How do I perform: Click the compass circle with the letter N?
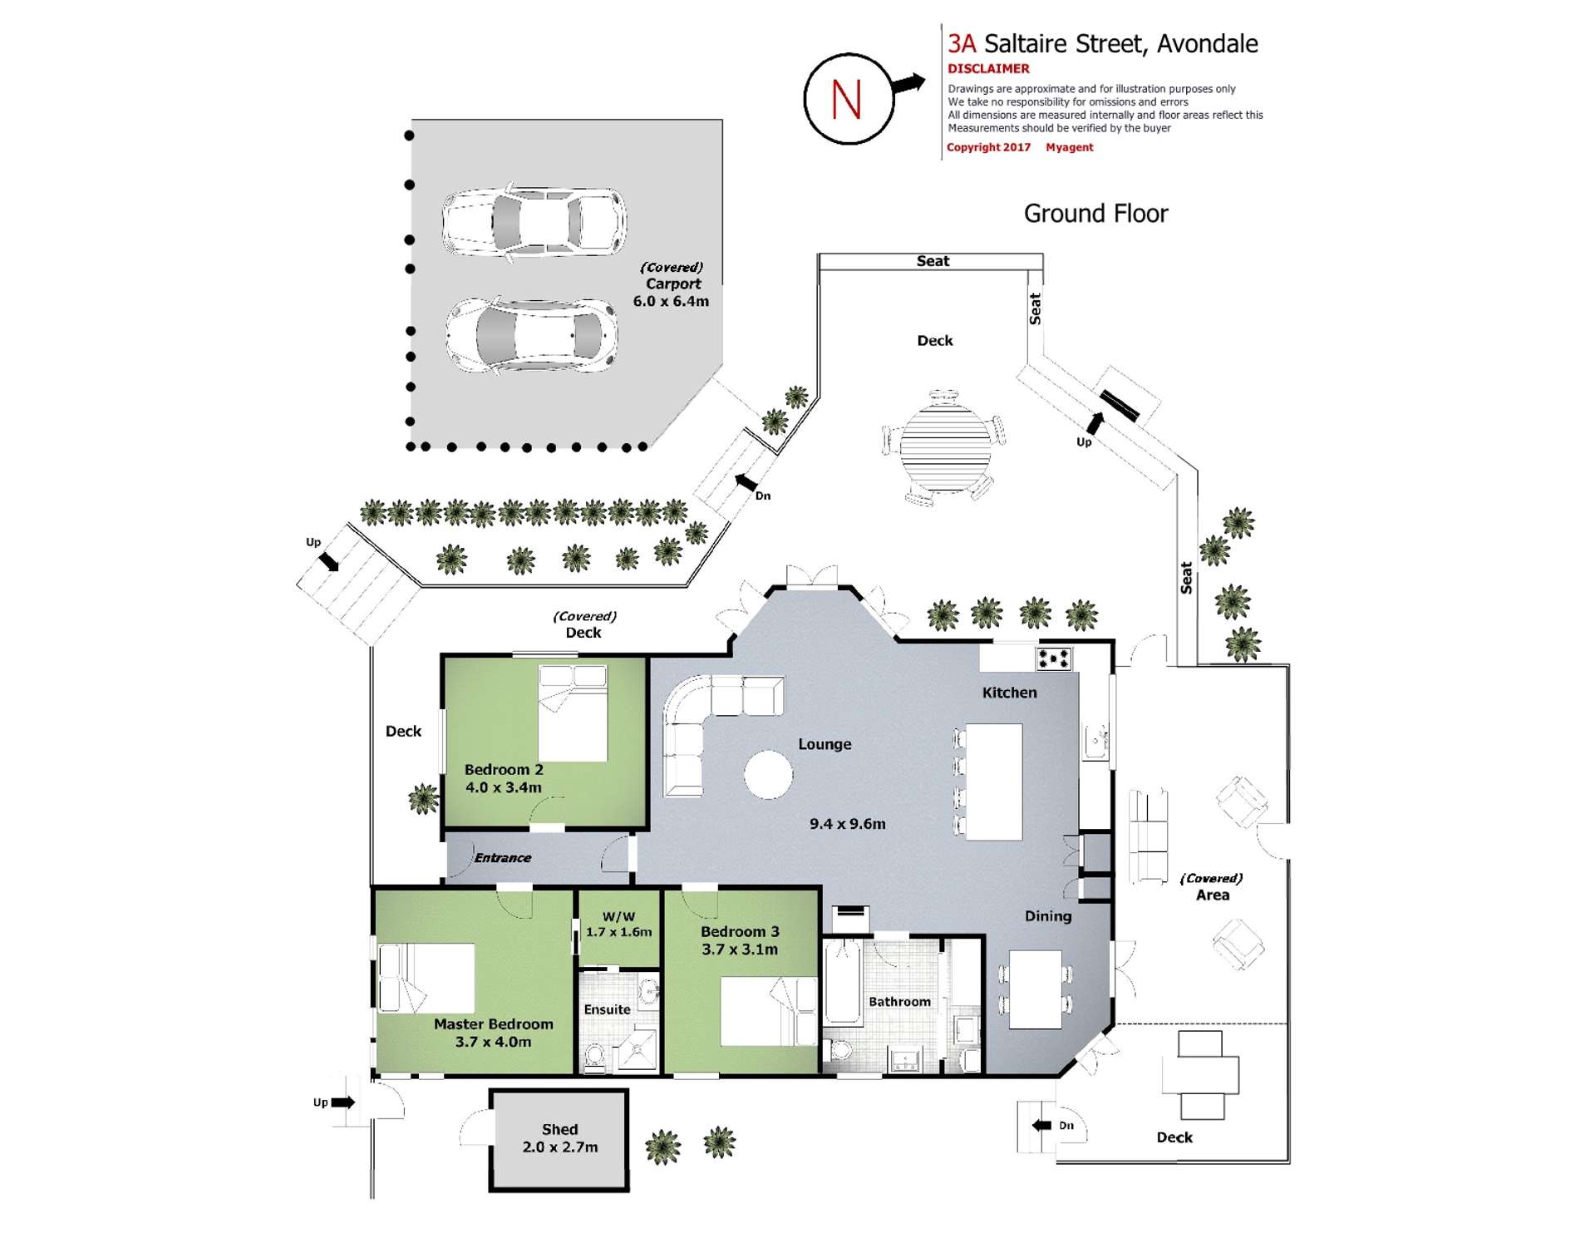[848, 99]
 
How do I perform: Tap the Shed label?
[559, 1129]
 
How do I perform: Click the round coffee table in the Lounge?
[768, 775]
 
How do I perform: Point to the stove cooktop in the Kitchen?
[1053, 658]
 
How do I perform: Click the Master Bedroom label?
[493, 1024]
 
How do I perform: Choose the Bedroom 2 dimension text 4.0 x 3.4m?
[503, 787]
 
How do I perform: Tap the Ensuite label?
[607, 1009]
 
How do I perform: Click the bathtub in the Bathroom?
[842, 981]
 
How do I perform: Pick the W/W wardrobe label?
[618, 916]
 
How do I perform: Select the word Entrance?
[502, 858]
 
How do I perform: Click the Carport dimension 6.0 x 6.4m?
[671, 301]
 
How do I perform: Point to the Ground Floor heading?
[1095, 214]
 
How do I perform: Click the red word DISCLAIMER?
[988, 69]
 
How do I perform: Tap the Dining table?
[1035, 989]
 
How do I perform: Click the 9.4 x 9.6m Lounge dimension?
[848, 824]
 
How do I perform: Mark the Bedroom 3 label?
[740, 932]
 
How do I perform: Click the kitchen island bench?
[993, 782]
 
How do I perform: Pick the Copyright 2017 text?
[988, 147]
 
